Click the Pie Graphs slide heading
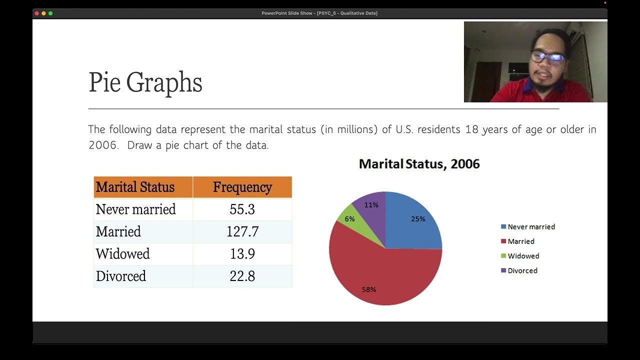point(145,82)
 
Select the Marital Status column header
point(135,187)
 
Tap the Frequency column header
point(242,187)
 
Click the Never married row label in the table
point(135,209)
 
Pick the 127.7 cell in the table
point(242,231)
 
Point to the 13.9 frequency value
point(242,253)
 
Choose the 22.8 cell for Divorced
point(242,276)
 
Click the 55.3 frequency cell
point(242,209)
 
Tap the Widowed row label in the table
point(122,253)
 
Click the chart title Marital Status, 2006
point(419,164)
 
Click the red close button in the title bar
point(37,13)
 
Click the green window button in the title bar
point(50,13)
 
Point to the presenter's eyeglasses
point(547,56)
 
